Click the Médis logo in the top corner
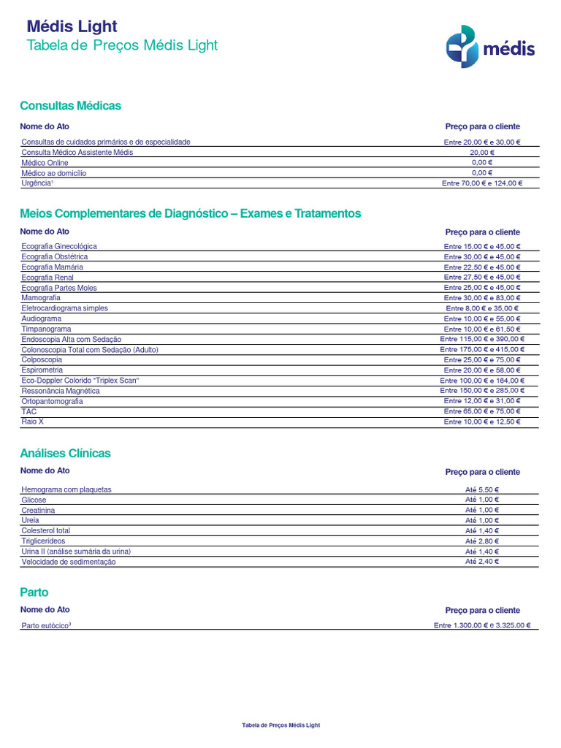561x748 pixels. pyautogui.click(x=490, y=47)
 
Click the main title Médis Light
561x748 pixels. pyautogui.click(x=72, y=26)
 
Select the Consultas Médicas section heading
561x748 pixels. pyautogui.click(x=70, y=106)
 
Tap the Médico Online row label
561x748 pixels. pyautogui.click(x=45, y=163)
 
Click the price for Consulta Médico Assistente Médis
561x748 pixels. pyautogui.click(x=482, y=153)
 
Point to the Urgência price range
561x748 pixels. pyautogui.click(x=482, y=183)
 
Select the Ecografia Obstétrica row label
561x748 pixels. pyautogui.click(x=55, y=257)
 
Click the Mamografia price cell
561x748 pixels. pyautogui.click(x=482, y=298)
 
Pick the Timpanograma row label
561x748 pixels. pyautogui.click(x=46, y=329)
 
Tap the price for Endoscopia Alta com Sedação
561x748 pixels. pyautogui.click(x=482, y=340)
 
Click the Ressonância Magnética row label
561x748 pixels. pyautogui.click(x=61, y=391)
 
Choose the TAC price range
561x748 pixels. pyautogui.click(x=482, y=412)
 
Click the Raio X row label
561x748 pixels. pyautogui.click(x=33, y=422)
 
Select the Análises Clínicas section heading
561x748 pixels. pyautogui.click(x=65, y=454)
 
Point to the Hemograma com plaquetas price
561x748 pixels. pyautogui.click(x=482, y=489)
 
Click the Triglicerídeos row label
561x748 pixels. pyautogui.click(x=43, y=541)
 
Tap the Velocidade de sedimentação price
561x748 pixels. pyautogui.click(x=482, y=562)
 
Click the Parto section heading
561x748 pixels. pyautogui.click(x=34, y=592)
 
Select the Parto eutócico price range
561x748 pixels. pyautogui.click(x=482, y=626)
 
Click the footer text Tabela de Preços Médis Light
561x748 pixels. pyautogui.click(x=280, y=725)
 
